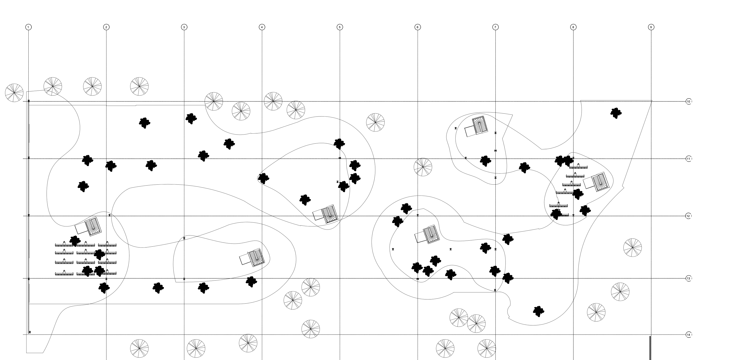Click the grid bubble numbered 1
coord(28,27)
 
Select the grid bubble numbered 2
coord(106,27)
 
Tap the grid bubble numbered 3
coord(184,27)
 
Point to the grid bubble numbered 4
coord(262,27)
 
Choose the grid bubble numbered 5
coord(340,27)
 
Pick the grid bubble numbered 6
coord(417,27)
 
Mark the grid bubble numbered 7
coord(495,27)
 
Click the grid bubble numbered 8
coord(573,27)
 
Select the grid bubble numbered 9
coord(651,27)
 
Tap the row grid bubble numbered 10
coord(689,101)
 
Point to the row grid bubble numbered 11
coord(689,159)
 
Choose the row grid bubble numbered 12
coord(689,216)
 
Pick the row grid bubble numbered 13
coord(689,279)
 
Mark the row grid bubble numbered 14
coord(689,335)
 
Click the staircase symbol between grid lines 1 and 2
coord(93,227)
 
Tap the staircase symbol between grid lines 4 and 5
coord(330,214)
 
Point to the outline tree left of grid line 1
coord(14,93)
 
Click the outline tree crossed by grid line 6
coord(423,167)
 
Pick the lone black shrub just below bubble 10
coord(616,113)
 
